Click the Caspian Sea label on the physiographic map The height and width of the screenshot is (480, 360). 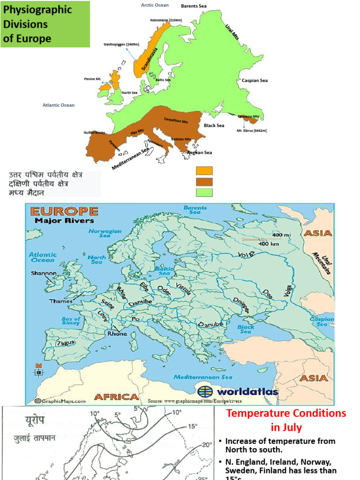point(255,81)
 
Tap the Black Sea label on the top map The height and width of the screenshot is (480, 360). point(214,126)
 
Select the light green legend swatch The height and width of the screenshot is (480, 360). point(204,192)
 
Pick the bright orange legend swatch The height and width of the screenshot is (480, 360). point(204,171)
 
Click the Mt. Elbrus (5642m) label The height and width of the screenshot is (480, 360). point(252,131)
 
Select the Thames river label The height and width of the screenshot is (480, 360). point(61,301)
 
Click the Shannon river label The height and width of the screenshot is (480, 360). point(44,273)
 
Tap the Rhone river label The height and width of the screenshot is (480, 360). point(117,334)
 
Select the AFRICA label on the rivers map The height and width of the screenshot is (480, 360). point(116,397)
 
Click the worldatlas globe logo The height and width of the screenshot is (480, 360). point(205,392)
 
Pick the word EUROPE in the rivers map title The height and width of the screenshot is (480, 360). point(65,211)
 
